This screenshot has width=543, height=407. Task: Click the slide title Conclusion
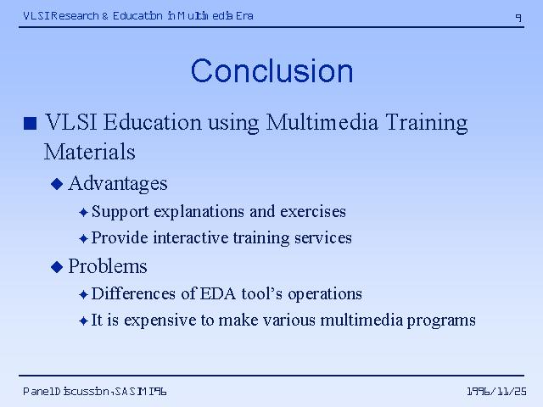(271, 71)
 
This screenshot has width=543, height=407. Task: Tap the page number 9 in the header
(518, 17)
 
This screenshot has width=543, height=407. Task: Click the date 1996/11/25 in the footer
(496, 392)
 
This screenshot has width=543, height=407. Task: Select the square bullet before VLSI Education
(31, 123)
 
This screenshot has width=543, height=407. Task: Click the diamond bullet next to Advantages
(57, 184)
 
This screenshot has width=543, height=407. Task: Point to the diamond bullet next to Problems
(57, 267)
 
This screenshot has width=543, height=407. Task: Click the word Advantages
(118, 184)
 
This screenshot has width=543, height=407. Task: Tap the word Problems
(108, 266)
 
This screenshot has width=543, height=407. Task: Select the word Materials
(90, 153)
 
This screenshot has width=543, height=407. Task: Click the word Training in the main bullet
(427, 123)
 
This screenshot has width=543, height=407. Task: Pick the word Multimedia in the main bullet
(322, 122)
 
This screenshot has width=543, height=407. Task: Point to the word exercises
(313, 212)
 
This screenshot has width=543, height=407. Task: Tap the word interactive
(191, 237)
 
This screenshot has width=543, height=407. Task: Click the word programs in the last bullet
(441, 321)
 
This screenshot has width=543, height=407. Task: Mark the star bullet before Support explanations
(83, 212)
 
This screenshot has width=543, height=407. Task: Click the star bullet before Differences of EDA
(83, 294)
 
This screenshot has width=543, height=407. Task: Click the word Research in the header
(76, 16)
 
